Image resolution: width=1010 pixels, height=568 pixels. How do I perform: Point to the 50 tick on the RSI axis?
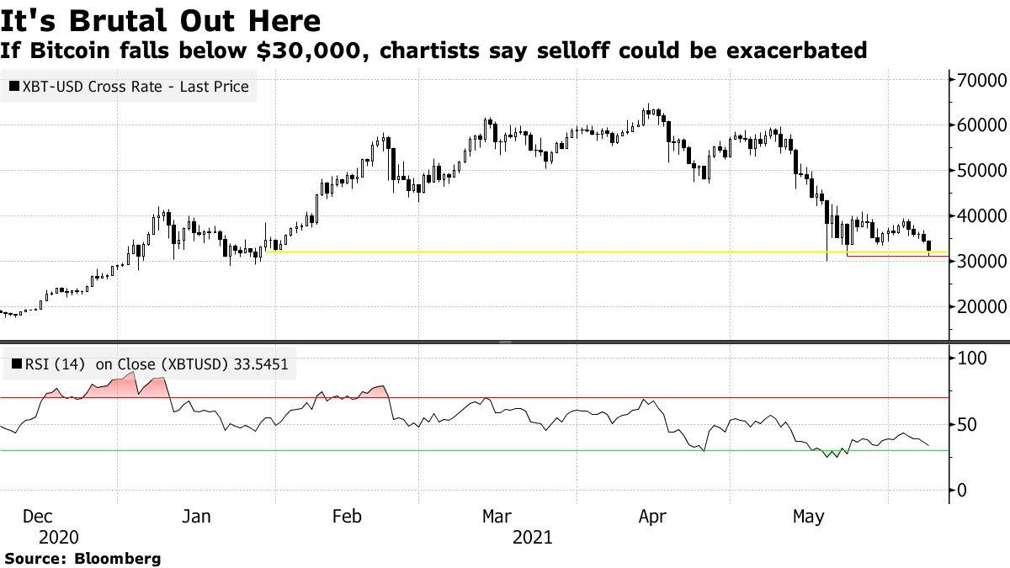pyautogui.click(x=969, y=425)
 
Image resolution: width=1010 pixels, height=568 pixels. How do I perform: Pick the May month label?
pyautogui.click(x=808, y=516)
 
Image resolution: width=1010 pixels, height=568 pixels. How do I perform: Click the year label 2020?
pyautogui.click(x=58, y=537)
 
